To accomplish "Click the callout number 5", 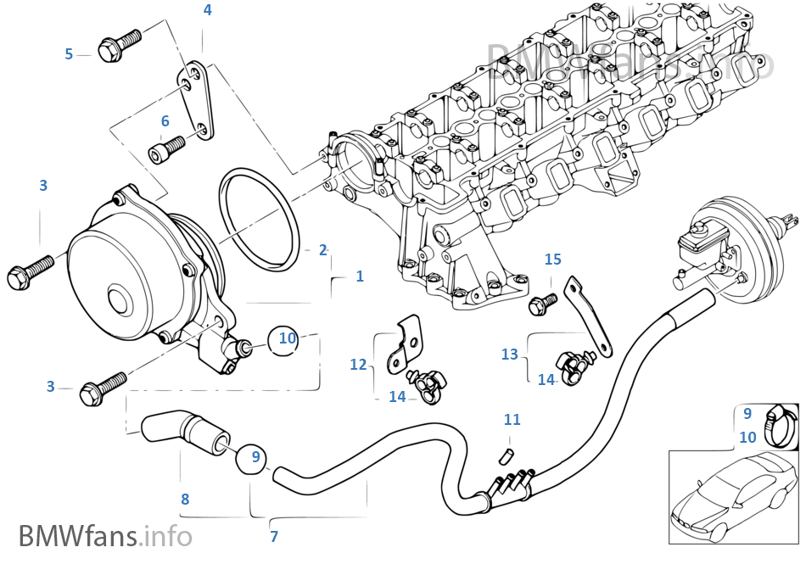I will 69,54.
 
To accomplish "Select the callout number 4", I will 207,10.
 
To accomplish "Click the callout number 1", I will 360,276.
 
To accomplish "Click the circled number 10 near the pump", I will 288,338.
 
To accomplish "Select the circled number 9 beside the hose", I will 255,456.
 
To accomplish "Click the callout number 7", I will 273,536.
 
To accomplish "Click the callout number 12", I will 359,364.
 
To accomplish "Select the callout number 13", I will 509,355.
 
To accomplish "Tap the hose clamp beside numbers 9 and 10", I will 778,423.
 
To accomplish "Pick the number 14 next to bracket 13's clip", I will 546,380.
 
